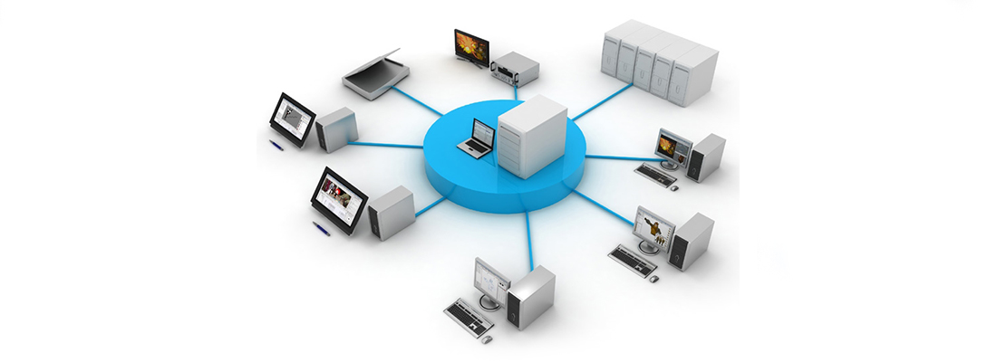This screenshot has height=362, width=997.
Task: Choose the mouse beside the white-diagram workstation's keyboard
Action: coord(488,339)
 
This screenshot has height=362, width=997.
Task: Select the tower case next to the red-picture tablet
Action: coord(392,213)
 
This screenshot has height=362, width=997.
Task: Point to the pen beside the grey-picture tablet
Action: coord(277,144)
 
